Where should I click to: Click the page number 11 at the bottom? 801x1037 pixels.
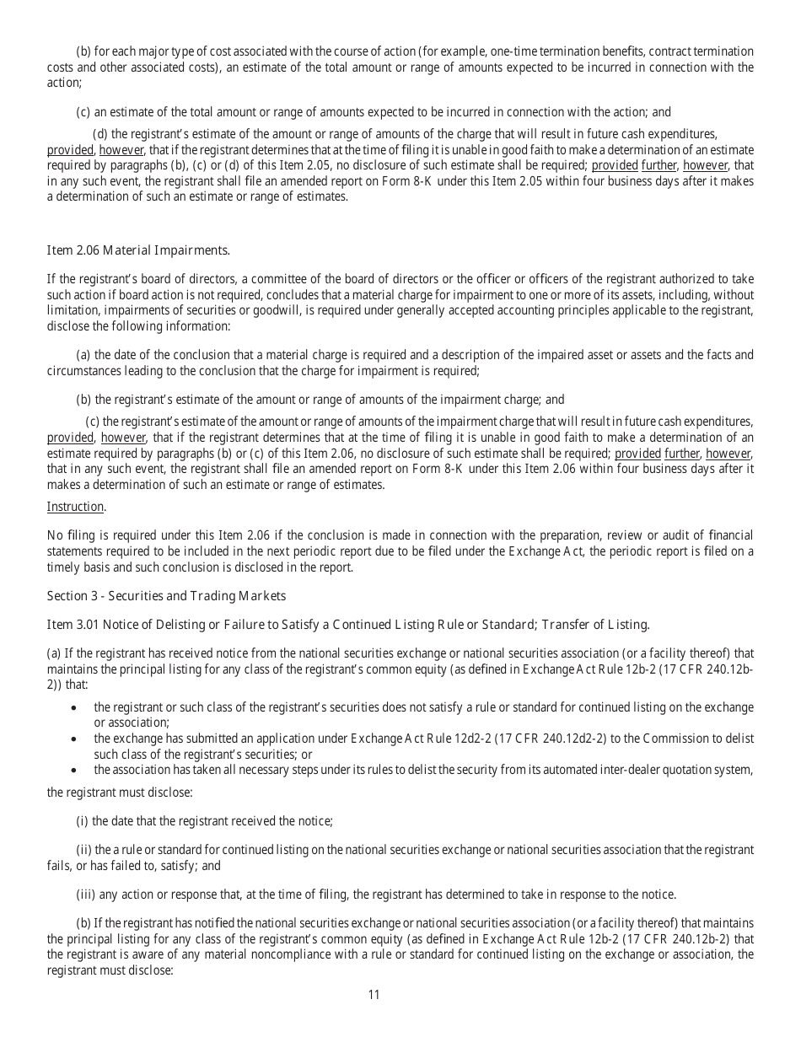374,995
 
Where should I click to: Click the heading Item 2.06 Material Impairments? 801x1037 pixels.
137,250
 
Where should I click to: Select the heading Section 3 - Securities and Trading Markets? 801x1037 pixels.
166,596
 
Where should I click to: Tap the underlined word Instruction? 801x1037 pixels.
76,507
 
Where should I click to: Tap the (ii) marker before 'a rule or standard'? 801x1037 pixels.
84,850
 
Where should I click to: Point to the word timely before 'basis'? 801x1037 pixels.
64,567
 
